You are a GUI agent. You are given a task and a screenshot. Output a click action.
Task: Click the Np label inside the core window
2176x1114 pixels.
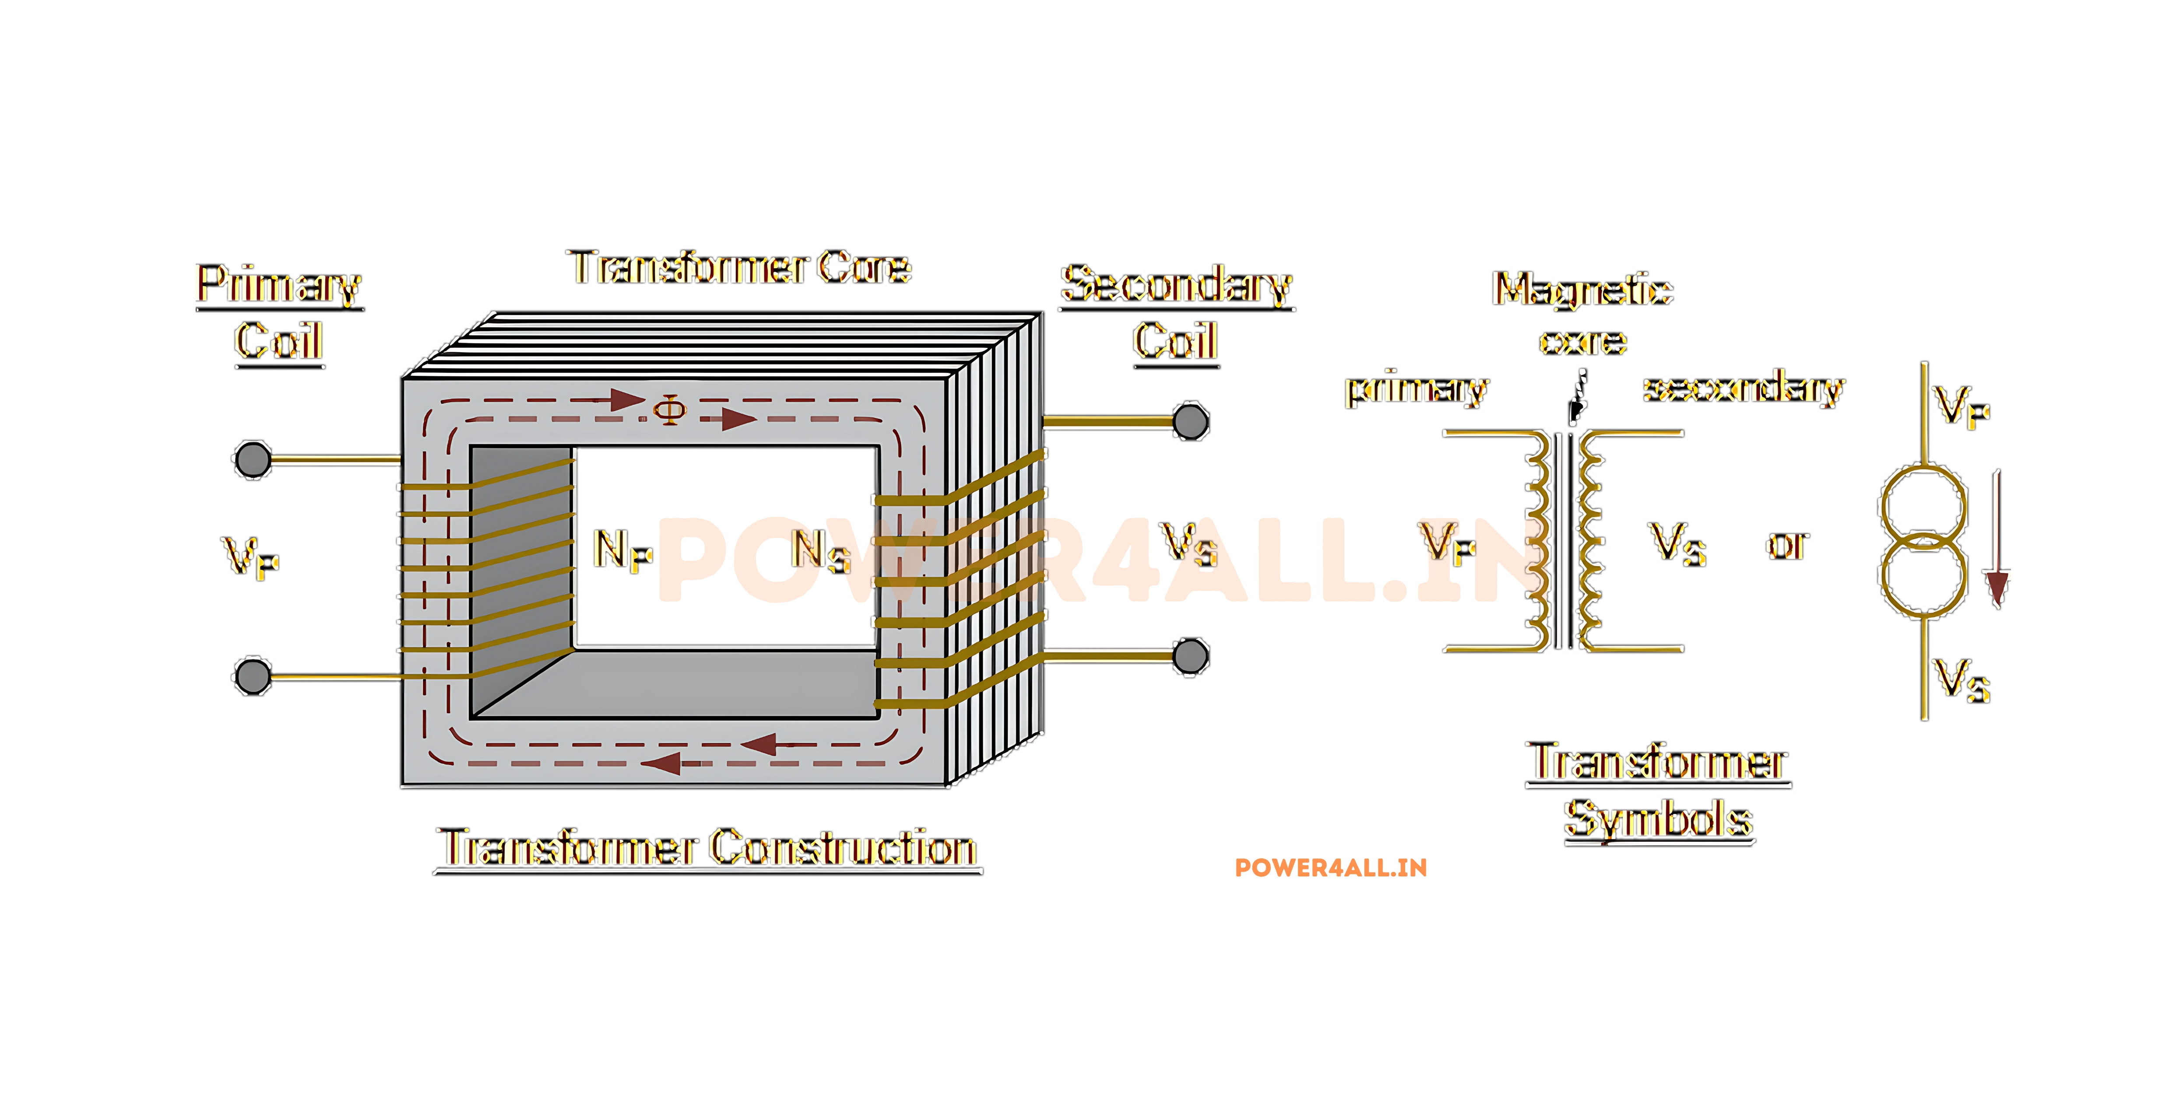tap(622, 551)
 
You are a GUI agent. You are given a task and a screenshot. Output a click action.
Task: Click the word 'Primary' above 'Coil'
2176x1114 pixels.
tap(280, 284)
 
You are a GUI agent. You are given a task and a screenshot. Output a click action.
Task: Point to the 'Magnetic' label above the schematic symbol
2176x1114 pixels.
tap(1583, 290)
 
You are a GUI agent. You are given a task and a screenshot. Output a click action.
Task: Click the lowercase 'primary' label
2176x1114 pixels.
tap(1417, 389)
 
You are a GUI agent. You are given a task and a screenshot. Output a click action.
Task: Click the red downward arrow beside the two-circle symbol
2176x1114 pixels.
tap(1997, 540)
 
